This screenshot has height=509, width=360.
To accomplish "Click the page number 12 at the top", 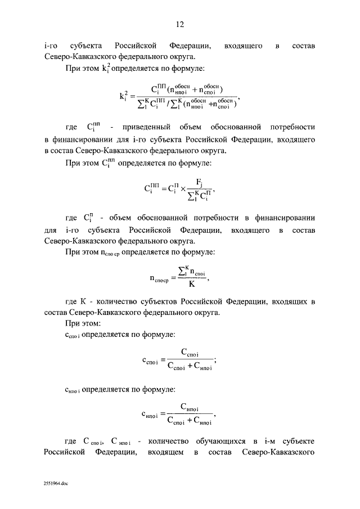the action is [180, 24].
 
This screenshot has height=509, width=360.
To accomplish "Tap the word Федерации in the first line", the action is [190, 46].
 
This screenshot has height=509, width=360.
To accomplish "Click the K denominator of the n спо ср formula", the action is [191, 283].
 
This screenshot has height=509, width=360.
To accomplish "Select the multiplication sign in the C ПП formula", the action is [182, 190].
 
